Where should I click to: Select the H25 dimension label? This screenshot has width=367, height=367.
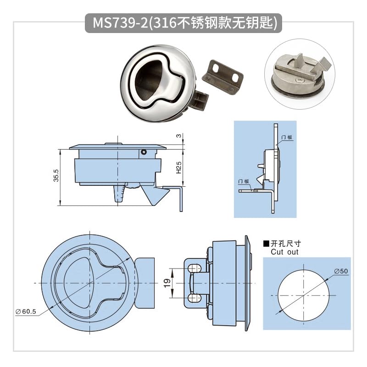(x=179, y=168)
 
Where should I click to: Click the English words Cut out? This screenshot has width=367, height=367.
(x=284, y=252)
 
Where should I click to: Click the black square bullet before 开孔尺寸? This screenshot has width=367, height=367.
(x=266, y=244)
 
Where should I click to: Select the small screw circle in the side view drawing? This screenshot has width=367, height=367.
(x=144, y=151)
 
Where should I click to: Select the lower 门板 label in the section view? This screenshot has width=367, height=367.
(x=244, y=182)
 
